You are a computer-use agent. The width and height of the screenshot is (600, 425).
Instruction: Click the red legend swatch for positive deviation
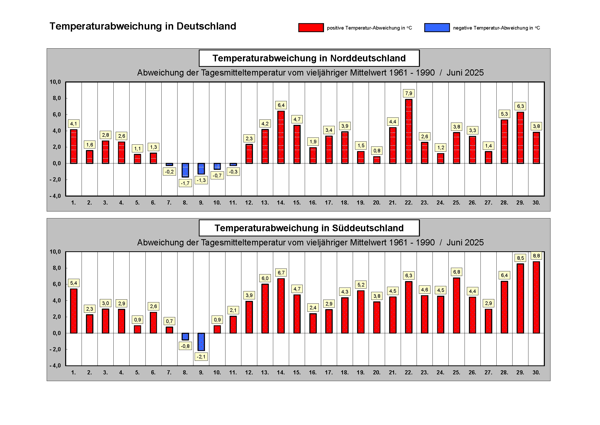point(311,28)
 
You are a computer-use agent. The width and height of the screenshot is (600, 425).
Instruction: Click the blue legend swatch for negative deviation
point(437,28)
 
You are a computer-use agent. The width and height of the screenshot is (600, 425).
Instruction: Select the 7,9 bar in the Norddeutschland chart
point(408,131)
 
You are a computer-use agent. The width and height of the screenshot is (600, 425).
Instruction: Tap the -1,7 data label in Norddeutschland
point(185,183)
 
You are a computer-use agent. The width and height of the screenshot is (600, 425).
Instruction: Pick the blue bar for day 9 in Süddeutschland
point(201,342)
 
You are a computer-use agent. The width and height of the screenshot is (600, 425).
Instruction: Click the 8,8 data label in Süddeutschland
point(536,256)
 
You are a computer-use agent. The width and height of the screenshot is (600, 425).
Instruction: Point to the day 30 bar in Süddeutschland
point(536,297)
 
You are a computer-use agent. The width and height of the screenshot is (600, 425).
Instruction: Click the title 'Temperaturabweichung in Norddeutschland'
point(309,58)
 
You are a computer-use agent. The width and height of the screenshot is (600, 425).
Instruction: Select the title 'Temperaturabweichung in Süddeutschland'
point(309,228)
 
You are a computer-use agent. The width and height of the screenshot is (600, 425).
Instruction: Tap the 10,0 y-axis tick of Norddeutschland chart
point(55,82)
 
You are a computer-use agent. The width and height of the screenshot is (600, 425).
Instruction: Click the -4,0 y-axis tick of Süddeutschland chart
point(55,366)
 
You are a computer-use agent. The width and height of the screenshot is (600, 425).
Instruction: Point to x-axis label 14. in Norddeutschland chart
point(281,202)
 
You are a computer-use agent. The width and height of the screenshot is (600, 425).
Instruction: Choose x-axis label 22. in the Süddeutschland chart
point(408,372)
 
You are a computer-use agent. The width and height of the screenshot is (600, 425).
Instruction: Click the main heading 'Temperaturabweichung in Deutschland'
point(143,26)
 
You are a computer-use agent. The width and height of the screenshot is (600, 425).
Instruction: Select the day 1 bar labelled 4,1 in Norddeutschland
point(74,146)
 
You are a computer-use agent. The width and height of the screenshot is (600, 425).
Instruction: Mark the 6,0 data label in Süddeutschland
point(265,278)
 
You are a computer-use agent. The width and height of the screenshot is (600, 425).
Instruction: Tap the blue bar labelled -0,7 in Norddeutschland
point(217,166)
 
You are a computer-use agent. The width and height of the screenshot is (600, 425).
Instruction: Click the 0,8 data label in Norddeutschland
point(377,151)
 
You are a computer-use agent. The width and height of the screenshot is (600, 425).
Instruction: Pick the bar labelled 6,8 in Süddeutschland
point(457,306)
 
